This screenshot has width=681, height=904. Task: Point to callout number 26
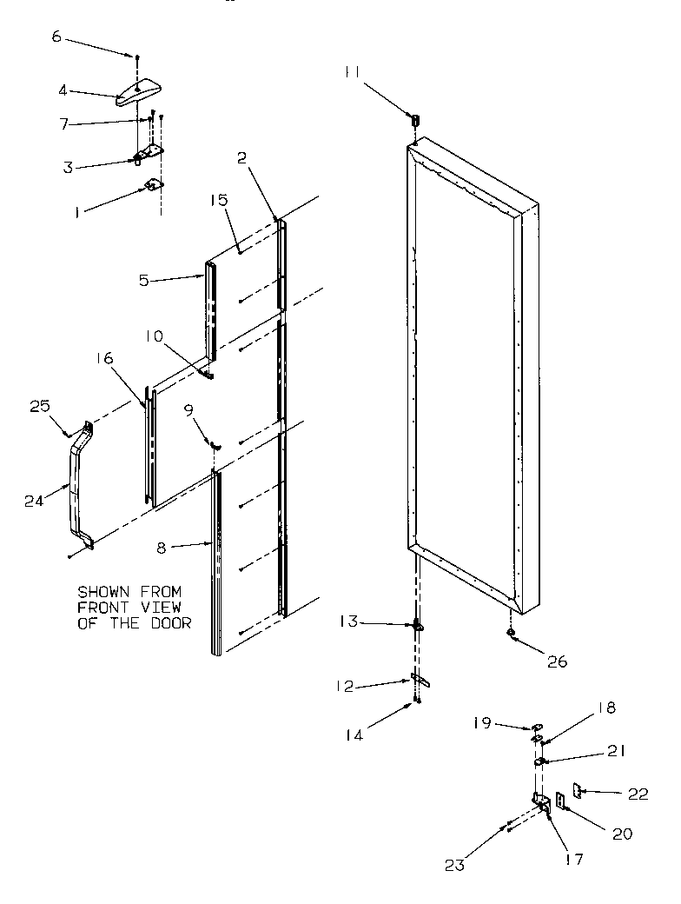click(556, 661)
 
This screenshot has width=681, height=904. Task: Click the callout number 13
click(348, 622)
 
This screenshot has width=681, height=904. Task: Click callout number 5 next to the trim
click(146, 281)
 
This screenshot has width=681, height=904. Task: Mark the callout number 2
click(241, 158)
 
